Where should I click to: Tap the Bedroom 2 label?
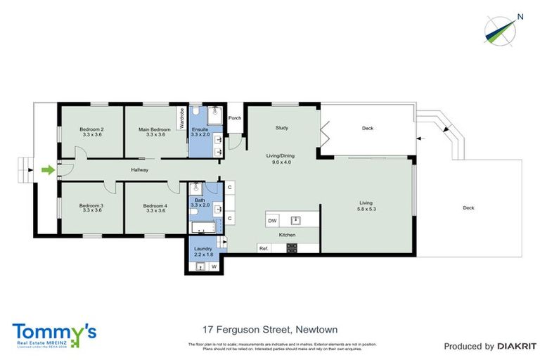(x=91, y=129)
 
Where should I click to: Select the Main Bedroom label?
(x=154, y=129)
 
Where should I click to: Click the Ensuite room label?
(x=200, y=129)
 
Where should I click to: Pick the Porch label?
(x=234, y=118)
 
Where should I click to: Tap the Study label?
(x=281, y=128)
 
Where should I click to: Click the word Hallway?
(x=139, y=169)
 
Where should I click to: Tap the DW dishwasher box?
(x=272, y=220)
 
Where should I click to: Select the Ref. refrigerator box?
(x=264, y=248)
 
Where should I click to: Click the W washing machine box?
(x=214, y=266)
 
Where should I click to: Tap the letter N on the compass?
(x=520, y=17)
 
